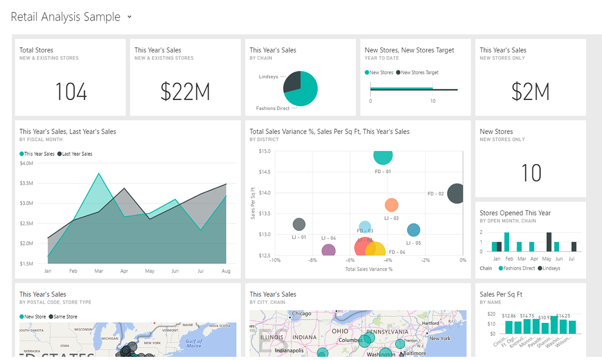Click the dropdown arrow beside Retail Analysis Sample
[x=130, y=17]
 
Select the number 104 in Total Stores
[x=71, y=93]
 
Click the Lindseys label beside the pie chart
[x=268, y=77]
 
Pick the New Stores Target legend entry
[x=419, y=73]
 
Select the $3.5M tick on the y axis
[x=26, y=183]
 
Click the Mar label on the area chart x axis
[x=99, y=271]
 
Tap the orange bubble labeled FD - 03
[x=392, y=205]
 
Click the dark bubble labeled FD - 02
[x=456, y=194]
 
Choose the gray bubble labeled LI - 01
[x=299, y=224]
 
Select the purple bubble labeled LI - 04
[x=329, y=250]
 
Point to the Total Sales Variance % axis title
[x=369, y=269]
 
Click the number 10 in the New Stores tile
[x=531, y=173]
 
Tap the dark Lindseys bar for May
[x=549, y=242]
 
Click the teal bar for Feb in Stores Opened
[x=507, y=242]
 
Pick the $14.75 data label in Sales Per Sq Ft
[x=527, y=316]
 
